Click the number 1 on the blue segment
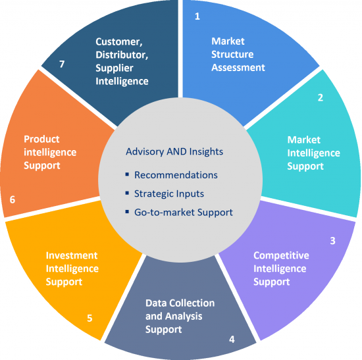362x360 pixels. click(x=197, y=16)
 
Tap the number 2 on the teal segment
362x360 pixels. click(x=321, y=97)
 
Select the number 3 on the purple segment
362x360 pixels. click(x=332, y=241)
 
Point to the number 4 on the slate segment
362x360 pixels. click(x=232, y=339)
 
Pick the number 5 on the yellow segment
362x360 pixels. click(x=90, y=318)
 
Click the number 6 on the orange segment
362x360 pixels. click(x=13, y=199)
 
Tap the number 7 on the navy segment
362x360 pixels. click(x=62, y=64)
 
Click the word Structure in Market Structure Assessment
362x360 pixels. click(x=232, y=55)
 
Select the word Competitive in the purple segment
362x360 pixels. click(x=281, y=255)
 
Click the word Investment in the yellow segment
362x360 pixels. click(x=72, y=255)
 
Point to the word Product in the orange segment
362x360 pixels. click(x=41, y=140)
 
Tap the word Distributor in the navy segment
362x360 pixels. click(x=122, y=55)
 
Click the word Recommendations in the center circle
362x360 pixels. click(x=176, y=175)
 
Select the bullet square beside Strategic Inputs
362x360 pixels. click(x=127, y=193)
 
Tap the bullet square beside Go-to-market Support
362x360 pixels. click(x=127, y=211)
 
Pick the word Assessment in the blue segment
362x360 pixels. click(x=238, y=68)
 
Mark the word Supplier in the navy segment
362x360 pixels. click(x=115, y=68)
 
